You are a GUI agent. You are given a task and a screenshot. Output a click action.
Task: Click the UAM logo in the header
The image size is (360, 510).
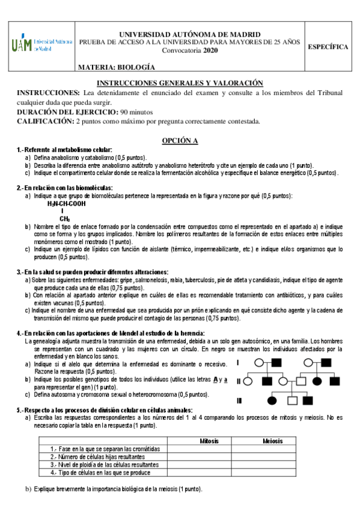coord(40,46)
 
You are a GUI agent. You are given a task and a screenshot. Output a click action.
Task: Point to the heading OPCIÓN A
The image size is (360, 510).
coord(180,140)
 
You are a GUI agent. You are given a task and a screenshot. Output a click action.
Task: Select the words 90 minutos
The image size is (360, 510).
coord(137,112)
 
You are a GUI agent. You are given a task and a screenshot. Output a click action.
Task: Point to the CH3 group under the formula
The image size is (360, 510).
coord(65,218)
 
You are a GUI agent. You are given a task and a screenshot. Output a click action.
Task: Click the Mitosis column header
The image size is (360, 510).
coord(209,441)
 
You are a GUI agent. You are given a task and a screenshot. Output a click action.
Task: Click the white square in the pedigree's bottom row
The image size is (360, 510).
coord(292,400)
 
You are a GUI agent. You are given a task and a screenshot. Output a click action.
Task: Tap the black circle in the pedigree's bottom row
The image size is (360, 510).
coord(273,400)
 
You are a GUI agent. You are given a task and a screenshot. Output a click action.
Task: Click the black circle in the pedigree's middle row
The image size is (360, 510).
coord(317,381)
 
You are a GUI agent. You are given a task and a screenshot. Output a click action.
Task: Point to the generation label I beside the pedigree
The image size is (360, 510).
coord(238,363)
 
